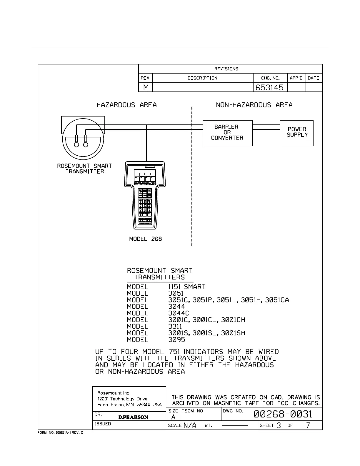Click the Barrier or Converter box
(x=228, y=133)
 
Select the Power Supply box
(x=296, y=133)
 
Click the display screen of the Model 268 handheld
(x=145, y=176)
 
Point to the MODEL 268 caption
(x=145, y=239)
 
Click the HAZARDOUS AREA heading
(x=126, y=105)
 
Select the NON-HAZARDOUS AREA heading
(x=254, y=105)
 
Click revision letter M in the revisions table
(x=146, y=87)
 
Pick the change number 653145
(x=269, y=87)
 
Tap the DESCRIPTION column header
(x=202, y=78)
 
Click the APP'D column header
(x=296, y=78)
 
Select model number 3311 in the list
(x=175, y=327)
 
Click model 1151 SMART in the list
(x=186, y=287)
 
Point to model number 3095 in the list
(x=176, y=340)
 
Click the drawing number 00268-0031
(x=283, y=414)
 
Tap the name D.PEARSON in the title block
(x=133, y=417)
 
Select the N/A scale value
(x=190, y=425)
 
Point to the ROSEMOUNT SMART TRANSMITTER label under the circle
(x=84, y=169)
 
